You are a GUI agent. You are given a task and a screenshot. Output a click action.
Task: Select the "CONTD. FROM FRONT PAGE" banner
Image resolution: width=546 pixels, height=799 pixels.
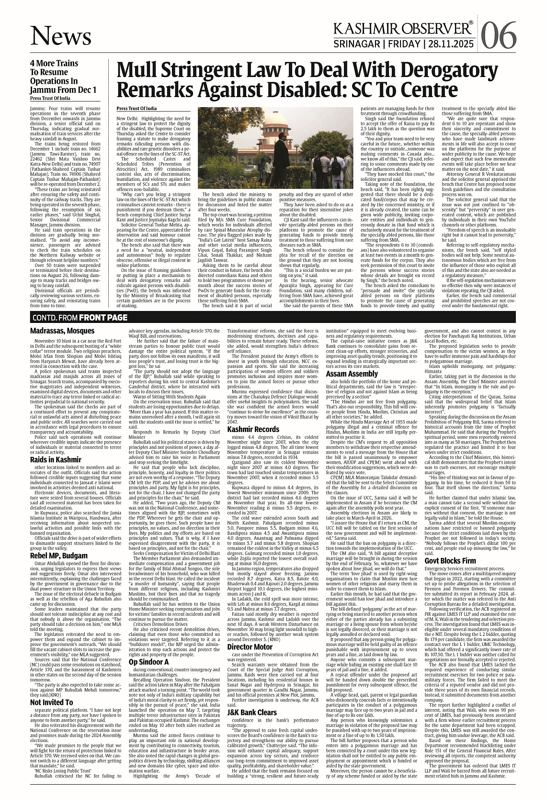[80, 318]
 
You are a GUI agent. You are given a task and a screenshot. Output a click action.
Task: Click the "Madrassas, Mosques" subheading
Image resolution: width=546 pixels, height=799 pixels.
[62, 331]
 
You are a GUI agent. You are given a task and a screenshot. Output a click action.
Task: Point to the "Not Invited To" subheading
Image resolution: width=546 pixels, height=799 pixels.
[52, 702]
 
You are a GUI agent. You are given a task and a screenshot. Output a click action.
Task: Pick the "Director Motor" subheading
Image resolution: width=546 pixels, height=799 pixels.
[250, 647]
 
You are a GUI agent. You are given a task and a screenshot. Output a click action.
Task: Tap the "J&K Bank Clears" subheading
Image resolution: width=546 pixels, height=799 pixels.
[252, 712]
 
